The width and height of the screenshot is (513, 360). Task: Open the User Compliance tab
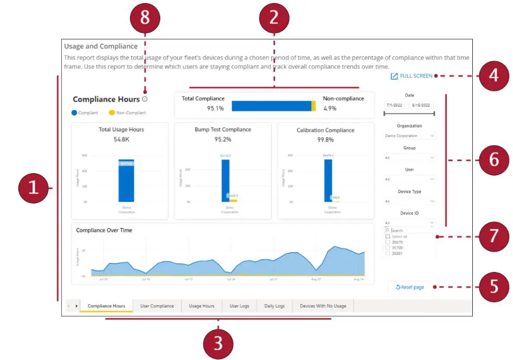pyautogui.click(x=157, y=306)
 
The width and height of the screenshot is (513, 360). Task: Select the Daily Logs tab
pyautogui.click(x=274, y=306)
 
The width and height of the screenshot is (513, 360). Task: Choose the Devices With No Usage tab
pyautogui.click(x=323, y=306)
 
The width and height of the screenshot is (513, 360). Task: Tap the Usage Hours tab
pyautogui.click(x=202, y=306)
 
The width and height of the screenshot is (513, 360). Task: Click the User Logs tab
pyautogui.click(x=240, y=306)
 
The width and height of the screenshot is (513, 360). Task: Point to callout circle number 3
pyautogui.click(x=218, y=343)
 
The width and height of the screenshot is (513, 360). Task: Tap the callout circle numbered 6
pyautogui.click(x=494, y=160)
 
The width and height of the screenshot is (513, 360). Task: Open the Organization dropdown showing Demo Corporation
pyautogui.click(x=409, y=136)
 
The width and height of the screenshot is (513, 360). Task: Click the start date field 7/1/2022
pyautogui.click(x=395, y=105)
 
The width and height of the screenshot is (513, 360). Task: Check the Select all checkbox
pyautogui.click(x=388, y=236)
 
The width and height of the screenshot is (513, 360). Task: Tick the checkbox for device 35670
pyautogui.click(x=388, y=242)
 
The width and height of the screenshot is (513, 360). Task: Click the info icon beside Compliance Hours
pyautogui.click(x=145, y=100)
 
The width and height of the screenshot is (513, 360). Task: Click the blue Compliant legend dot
pyautogui.click(x=75, y=113)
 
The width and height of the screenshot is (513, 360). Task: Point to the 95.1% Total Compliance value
pyautogui.click(x=215, y=108)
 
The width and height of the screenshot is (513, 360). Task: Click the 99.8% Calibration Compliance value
pyautogui.click(x=325, y=140)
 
